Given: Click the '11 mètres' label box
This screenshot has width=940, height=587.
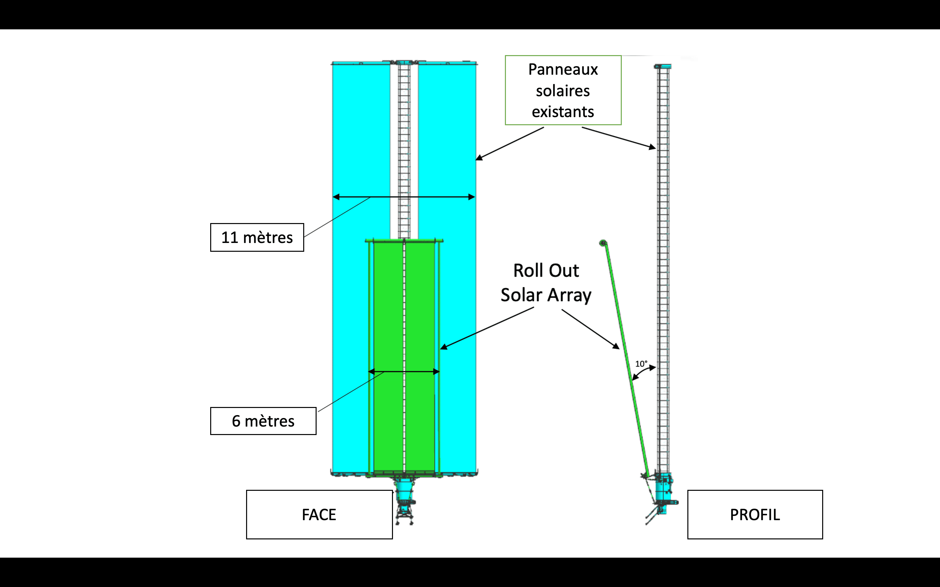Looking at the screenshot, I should pyautogui.click(x=257, y=237).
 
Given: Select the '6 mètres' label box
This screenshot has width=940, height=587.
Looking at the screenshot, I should pyautogui.click(x=263, y=421).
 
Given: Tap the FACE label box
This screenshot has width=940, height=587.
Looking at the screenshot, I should pyautogui.click(x=319, y=514).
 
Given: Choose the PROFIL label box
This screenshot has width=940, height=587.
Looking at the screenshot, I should pyautogui.click(x=755, y=514).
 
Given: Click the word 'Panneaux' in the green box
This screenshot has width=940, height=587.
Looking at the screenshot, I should pyautogui.click(x=563, y=69).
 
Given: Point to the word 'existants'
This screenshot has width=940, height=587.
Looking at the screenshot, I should pyautogui.click(x=563, y=112).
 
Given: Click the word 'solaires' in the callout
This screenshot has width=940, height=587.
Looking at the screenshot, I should pyautogui.click(x=563, y=91).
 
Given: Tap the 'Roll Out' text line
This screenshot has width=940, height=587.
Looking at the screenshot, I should pyautogui.click(x=546, y=271).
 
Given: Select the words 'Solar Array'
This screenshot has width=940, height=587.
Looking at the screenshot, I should pyautogui.click(x=546, y=295).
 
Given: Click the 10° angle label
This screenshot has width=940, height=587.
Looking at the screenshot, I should pyautogui.click(x=641, y=364).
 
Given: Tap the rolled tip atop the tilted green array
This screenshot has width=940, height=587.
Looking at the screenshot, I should pyautogui.click(x=603, y=243).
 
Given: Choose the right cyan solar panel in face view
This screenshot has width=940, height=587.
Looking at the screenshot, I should pyautogui.click(x=447, y=155).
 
